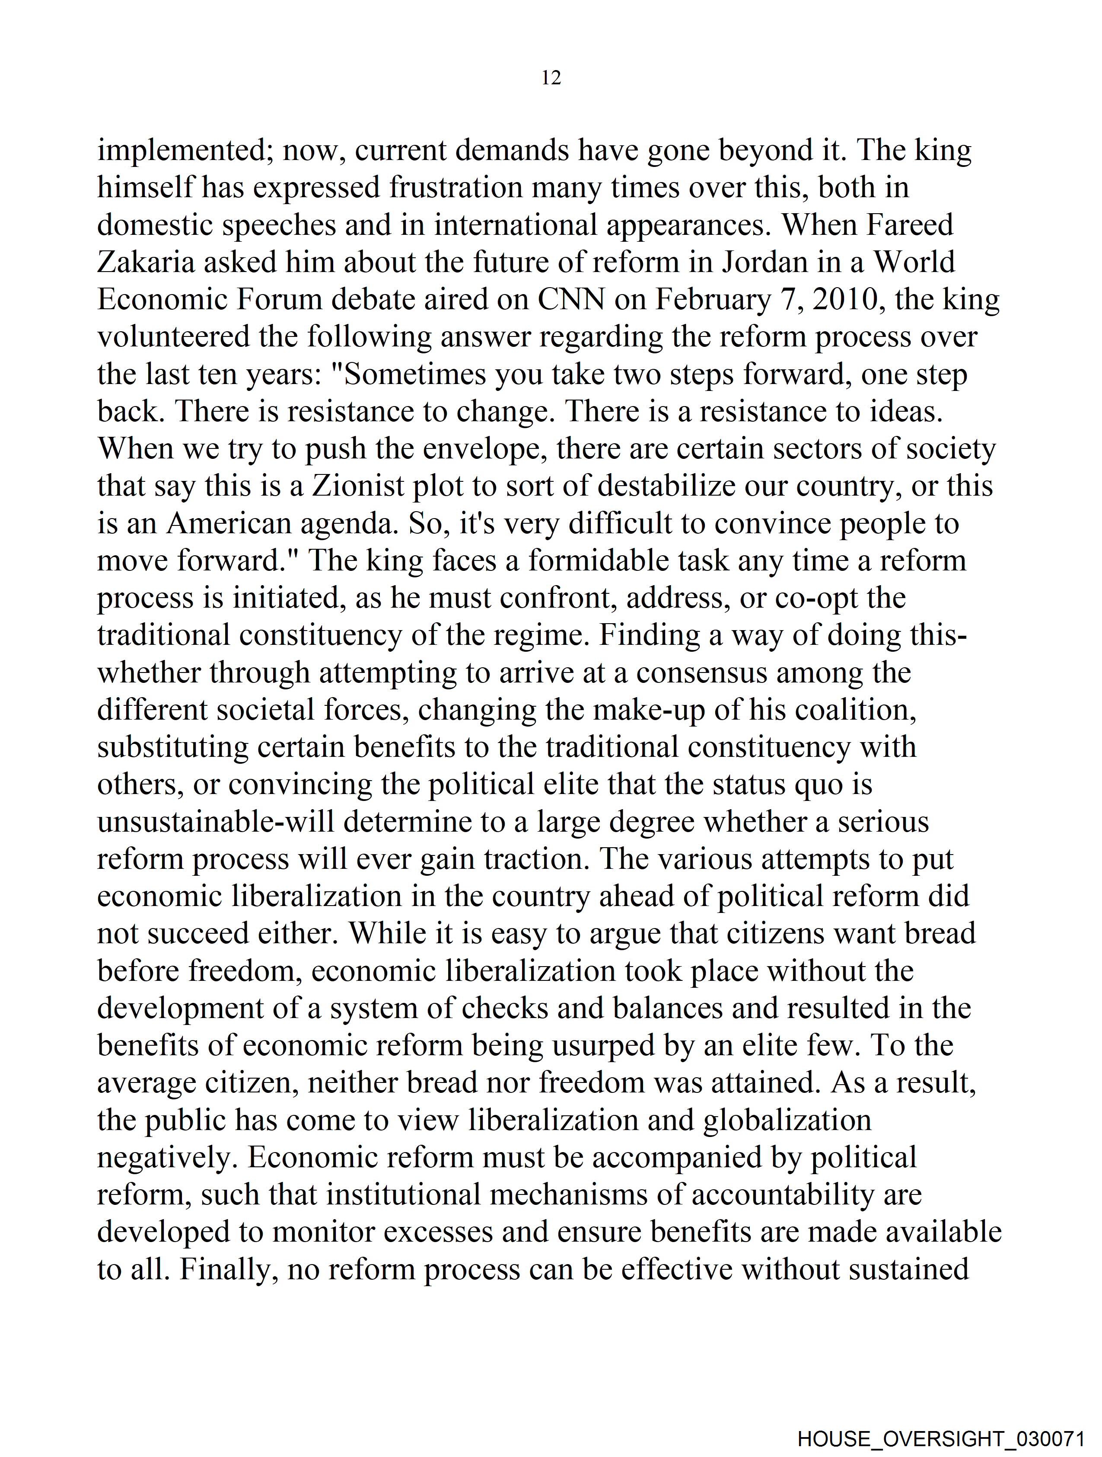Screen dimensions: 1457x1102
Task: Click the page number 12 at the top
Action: (x=551, y=78)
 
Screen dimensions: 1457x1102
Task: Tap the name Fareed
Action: (x=910, y=225)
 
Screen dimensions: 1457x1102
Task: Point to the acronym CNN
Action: (x=571, y=300)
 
